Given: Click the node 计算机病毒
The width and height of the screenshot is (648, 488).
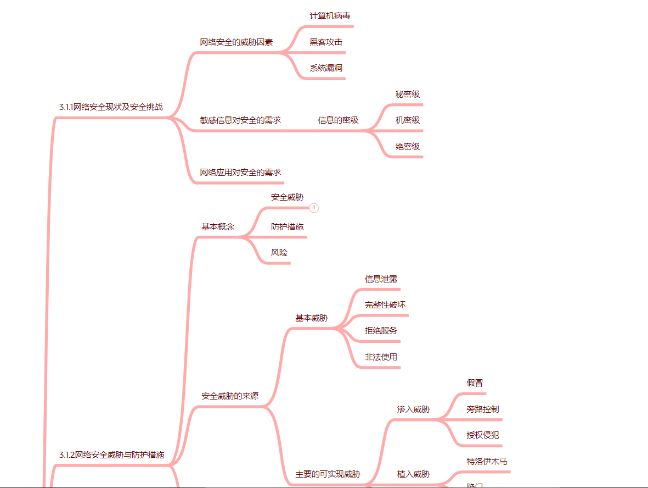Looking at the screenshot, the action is point(330,16).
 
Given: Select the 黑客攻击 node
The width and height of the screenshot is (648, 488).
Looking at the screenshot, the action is point(326,42).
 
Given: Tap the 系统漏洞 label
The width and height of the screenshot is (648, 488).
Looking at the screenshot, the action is point(326,68).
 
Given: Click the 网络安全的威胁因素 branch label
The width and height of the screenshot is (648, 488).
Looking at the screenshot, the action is point(236,42).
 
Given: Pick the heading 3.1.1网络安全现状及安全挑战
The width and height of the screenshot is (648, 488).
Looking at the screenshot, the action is point(111,107).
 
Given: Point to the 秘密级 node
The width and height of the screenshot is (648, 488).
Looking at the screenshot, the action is point(408,95).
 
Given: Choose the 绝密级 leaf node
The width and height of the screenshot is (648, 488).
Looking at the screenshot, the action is point(408,147).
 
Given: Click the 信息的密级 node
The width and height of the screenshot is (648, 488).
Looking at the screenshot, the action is point(338,120).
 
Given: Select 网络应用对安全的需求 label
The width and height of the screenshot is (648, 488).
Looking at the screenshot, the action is point(240,173).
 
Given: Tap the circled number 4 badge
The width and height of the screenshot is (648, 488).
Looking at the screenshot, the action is point(314,208).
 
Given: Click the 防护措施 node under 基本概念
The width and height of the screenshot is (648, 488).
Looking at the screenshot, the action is point(287,227).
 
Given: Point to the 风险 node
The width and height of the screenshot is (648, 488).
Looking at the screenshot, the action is point(279,253).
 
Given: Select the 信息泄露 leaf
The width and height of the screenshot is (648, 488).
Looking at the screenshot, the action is point(381,279).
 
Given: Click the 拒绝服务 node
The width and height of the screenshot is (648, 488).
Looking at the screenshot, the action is point(381,331).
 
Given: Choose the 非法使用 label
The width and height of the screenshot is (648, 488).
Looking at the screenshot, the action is point(381,357).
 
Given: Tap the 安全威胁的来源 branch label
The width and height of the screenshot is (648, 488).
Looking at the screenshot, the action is point(230,396).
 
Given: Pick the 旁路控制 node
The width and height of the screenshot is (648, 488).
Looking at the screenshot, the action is point(483,409).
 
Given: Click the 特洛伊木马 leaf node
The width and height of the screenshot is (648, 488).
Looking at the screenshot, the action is point(487,462).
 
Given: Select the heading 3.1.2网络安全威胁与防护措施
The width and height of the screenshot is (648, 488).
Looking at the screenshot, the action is point(111,455).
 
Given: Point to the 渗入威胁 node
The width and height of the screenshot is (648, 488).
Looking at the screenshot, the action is point(413,409).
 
